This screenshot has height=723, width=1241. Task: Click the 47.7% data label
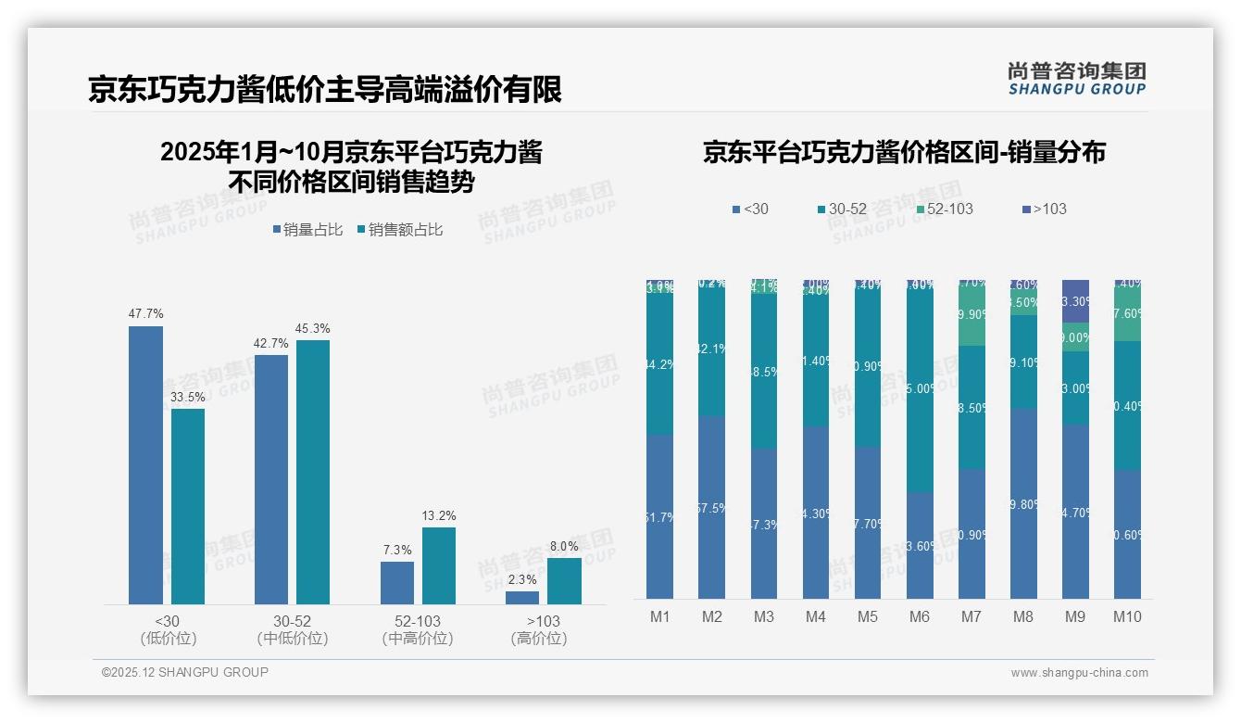[x=145, y=314]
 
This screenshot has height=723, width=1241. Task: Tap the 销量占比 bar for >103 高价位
[x=522, y=598]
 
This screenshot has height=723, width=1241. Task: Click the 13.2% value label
[x=439, y=515]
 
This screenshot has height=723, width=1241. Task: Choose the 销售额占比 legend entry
[x=399, y=230]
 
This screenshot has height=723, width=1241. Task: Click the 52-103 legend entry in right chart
[x=944, y=209]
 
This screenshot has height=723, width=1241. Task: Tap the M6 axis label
[x=920, y=616]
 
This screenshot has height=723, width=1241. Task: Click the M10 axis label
[x=1127, y=616]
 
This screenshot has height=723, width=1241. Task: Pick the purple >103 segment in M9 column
[x=1075, y=300]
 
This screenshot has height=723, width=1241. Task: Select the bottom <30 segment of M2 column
[x=712, y=507]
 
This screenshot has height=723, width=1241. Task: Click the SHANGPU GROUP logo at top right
[x=1076, y=79]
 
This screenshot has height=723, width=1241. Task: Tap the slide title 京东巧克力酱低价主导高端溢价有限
[x=325, y=90]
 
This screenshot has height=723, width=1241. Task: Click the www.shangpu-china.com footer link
[x=1079, y=673]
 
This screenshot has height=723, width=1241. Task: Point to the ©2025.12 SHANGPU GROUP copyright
[x=185, y=672]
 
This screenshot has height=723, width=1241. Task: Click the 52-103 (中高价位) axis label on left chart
[x=417, y=629]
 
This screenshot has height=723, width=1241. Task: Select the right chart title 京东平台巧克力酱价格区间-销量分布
[x=904, y=152]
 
